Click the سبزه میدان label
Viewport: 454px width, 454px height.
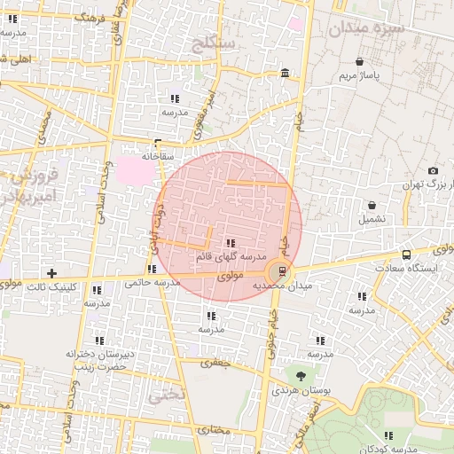coord(366,28)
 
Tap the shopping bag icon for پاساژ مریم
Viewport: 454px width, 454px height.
coord(359,62)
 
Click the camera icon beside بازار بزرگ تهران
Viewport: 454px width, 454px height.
coord(433,171)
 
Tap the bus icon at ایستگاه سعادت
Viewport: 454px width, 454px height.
coord(406,254)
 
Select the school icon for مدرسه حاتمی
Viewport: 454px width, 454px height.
coord(153,269)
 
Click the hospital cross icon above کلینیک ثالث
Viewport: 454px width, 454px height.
coord(51,273)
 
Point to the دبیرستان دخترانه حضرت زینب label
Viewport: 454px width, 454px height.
coord(98,359)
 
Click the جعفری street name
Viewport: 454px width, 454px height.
coord(215,362)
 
